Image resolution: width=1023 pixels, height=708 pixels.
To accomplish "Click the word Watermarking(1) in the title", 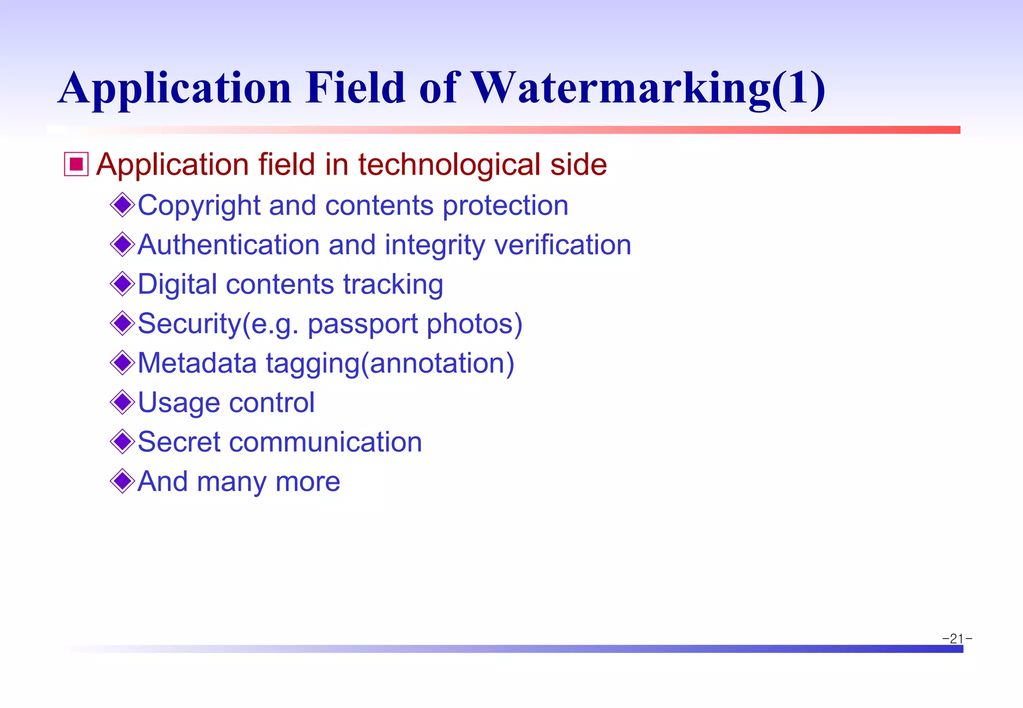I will coord(648,89).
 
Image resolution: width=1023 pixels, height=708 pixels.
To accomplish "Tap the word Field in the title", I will coord(355,88).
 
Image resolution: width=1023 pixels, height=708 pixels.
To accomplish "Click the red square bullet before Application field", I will coord(76,164).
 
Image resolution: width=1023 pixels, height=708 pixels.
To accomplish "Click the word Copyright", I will coord(199,206).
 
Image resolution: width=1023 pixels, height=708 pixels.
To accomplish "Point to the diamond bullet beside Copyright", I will coord(122,205).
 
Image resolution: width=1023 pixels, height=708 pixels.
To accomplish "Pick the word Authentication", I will coord(228,245).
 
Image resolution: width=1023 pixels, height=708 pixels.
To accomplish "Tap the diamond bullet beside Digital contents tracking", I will coord(122,284).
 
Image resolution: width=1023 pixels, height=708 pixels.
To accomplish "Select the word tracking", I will coord(393,285).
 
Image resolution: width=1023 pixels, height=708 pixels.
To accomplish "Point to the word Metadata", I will coord(197,363).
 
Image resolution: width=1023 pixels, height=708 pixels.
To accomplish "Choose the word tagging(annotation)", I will coord(390,363).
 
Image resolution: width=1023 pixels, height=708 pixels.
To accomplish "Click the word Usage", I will coord(179,403).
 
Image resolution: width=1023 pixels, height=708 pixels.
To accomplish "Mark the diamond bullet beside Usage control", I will coord(122,402).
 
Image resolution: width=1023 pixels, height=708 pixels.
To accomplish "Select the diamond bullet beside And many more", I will coord(122,481).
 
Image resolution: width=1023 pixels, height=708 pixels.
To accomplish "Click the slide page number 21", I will coord(957,639).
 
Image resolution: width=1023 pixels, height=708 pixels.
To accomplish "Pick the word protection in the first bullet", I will coord(506,206).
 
